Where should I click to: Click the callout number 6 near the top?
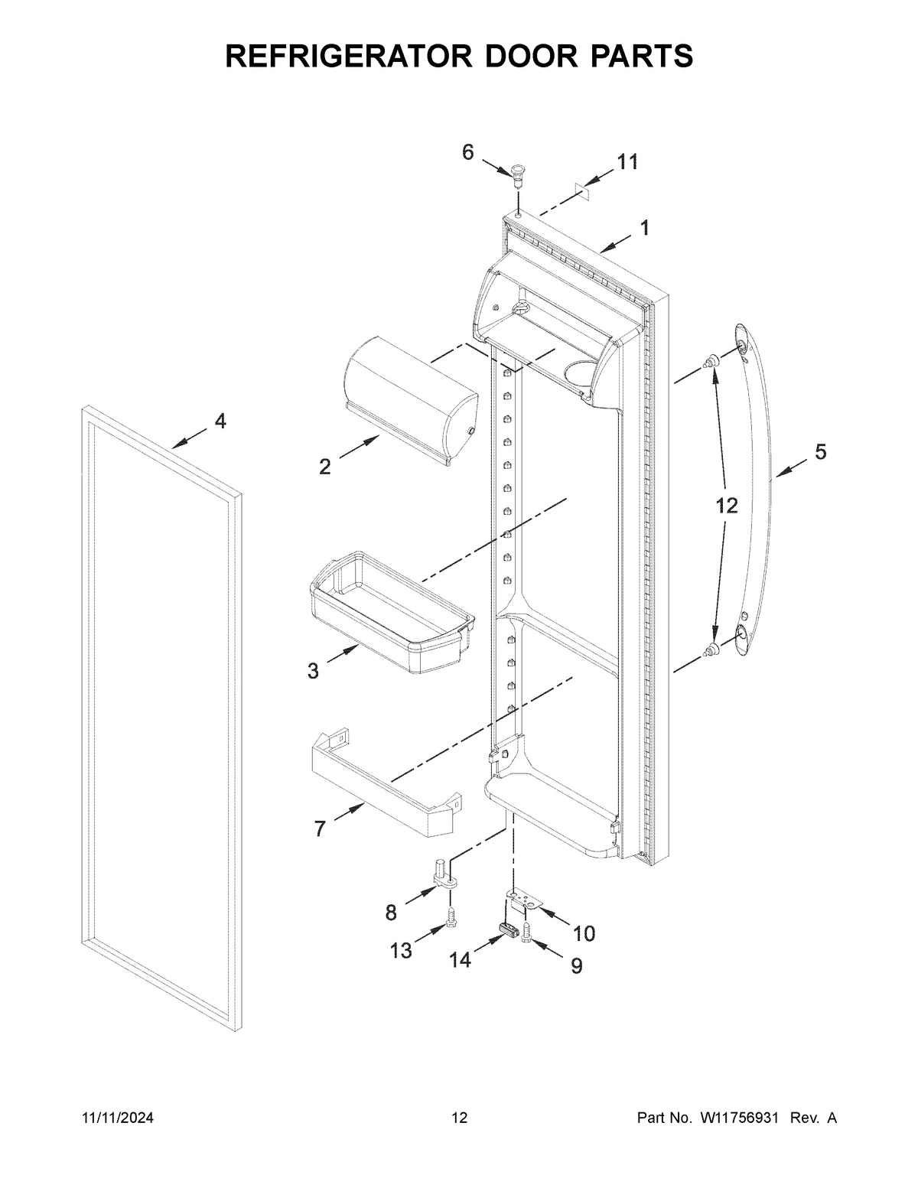(x=467, y=152)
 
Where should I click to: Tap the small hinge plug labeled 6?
(x=518, y=173)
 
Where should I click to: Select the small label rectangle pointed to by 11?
(x=584, y=188)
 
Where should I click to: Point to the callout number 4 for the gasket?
(x=220, y=421)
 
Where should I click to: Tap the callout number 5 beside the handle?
(x=819, y=452)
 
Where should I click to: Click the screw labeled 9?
(x=527, y=932)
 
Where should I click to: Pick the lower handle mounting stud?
(x=712, y=650)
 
